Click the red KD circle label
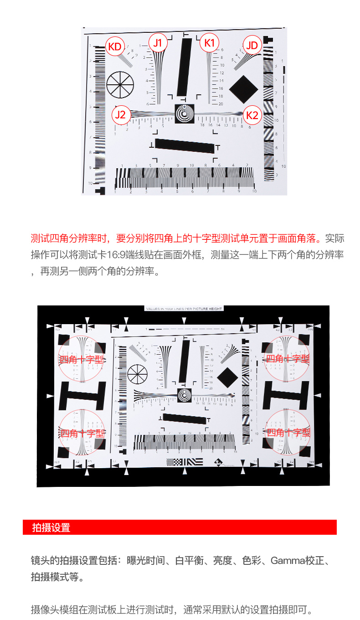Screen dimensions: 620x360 point(115,46)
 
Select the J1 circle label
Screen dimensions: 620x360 point(158,43)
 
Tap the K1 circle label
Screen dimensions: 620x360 point(209,43)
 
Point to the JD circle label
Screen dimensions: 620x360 point(252,46)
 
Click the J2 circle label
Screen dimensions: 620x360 point(120,114)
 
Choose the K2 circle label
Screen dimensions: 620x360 point(252,115)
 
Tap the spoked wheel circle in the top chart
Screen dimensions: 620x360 point(120,84)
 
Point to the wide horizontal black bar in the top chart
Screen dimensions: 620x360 point(185,145)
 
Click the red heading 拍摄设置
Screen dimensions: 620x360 point(51,528)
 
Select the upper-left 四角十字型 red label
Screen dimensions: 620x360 point(82,359)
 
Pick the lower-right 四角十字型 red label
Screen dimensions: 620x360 point(288,432)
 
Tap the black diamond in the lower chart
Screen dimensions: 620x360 point(228,377)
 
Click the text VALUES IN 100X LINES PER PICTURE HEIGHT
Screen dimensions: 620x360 point(184,309)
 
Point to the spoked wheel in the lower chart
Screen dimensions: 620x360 point(137,374)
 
